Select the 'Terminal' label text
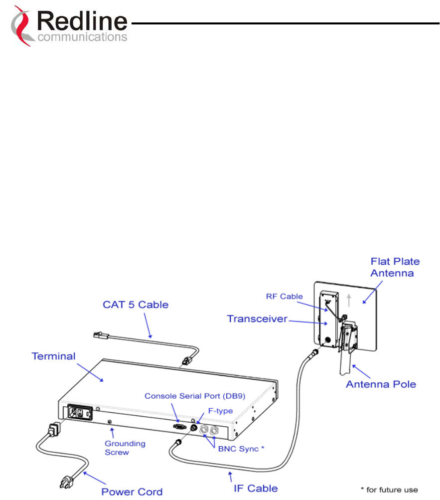pos(54,356)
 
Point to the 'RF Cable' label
pos(284,297)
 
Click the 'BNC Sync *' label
pos(238,449)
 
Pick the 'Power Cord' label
pos(132,492)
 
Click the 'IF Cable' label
pos(256,488)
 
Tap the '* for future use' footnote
pos(389,490)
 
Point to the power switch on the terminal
pos(78,412)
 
